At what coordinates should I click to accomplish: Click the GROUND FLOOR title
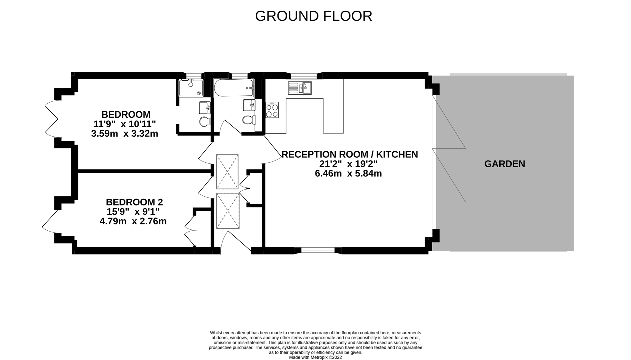pyautogui.click(x=313, y=16)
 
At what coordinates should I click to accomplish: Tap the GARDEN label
pyautogui.click(x=504, y=164)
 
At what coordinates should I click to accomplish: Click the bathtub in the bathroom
pyautogui.click(x=233, y=88)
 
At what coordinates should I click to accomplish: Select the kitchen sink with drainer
pyautogui.click(x=299, y=88)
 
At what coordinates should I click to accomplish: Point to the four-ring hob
pyautogui.click(x=272, y=110)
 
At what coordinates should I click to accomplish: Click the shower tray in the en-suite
pyautogui.click(x=191, y=88)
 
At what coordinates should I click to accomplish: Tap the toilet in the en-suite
pyautogui.click(x=204, y=121)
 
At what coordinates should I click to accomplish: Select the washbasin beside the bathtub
pyautogui.click(x=249, y=105)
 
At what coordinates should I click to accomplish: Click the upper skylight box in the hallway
pyautogui.click(x=227, y=172)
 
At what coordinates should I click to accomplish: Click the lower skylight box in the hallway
pyautogui.click(x=228, y=211)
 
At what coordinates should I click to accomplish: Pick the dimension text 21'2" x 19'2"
pyautogui.click(x=348, y=164)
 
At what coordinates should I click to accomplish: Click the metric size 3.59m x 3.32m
pyautogui.click(x=124, y=134)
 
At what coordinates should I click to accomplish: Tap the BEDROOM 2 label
pyautogui.click(x=134, y=202)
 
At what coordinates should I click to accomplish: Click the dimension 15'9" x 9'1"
pyautogui.click(x=133, y=212)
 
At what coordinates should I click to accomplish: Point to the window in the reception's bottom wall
pyautogui.click(x=318, y=250)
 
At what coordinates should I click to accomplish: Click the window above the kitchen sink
pyautogui.click(x=303, y=76)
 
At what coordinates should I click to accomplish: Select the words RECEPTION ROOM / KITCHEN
pyautogui.click(x=350, y=154)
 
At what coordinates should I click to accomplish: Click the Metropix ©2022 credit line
pyautogui.click(x=315, y=357)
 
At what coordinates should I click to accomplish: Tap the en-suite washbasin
pyautogui.click(x=204, y=108)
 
